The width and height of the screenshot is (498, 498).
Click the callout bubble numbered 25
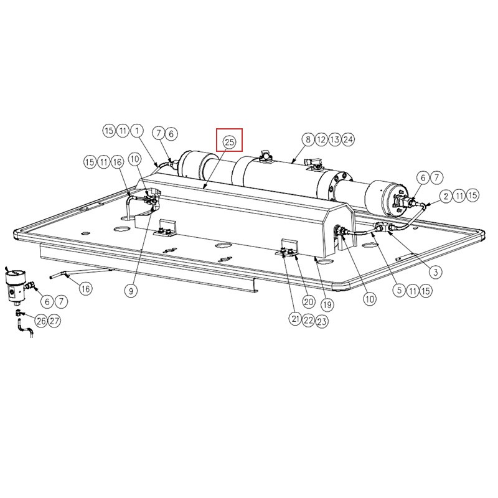[229, 142]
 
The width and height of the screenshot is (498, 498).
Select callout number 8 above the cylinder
[308, 139]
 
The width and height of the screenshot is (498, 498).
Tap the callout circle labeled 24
[348, 139]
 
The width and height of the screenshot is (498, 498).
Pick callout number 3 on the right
[435, 272]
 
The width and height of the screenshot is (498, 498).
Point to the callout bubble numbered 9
[131, 290]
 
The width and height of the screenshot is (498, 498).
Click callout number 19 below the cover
[327, 305]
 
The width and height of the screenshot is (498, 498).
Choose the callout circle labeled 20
[309, 302]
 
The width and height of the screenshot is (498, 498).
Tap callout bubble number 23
[322, 321]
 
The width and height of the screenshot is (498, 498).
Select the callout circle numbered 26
[41, 321]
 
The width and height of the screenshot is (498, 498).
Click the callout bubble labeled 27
[54, 321]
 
